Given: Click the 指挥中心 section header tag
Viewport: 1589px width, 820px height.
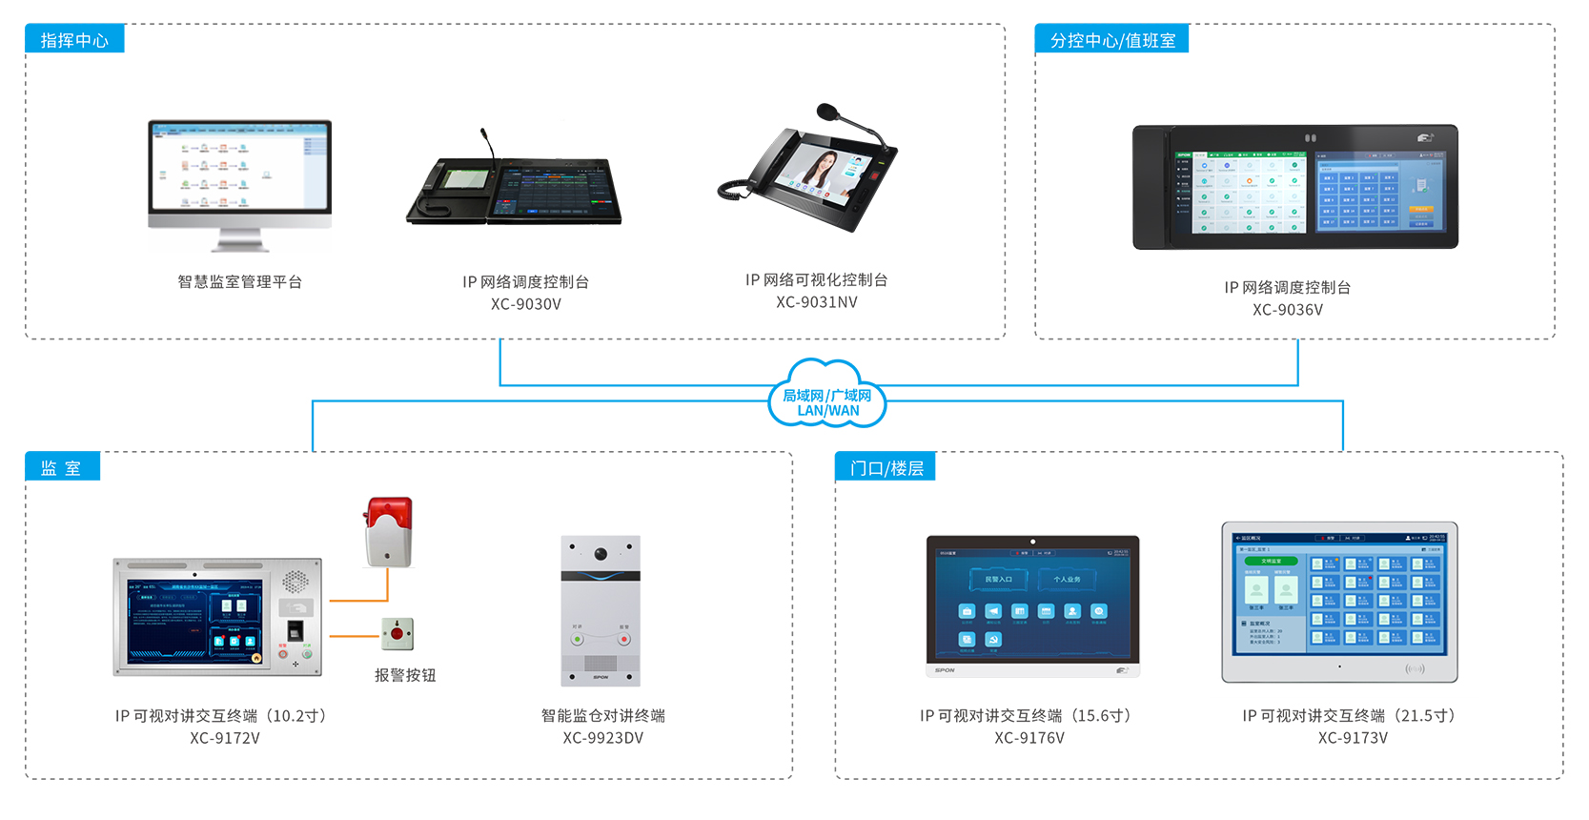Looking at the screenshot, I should [74, 40].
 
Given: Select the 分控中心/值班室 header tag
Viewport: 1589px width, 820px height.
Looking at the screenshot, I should [1111, 40].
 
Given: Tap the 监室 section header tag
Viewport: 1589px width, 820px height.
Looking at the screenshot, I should [62, 467].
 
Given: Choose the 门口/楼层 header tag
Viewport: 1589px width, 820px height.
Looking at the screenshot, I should [886, 467].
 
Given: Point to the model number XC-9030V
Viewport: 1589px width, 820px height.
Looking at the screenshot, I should [525, 304].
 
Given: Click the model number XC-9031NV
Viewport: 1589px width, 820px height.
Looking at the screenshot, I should [816, 302].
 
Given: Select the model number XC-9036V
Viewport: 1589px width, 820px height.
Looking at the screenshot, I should [1287, 310].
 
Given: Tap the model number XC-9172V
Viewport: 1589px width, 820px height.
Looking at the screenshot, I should [224, 738].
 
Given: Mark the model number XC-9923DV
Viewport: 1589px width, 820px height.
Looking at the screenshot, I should [602, 738].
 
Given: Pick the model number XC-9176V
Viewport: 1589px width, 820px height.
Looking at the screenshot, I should [1029, 738].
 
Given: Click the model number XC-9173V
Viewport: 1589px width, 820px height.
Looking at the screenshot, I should [1352, 738].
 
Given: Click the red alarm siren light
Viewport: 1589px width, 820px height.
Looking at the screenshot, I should [389, 530].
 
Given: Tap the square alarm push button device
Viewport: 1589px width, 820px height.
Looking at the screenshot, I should [397, 633].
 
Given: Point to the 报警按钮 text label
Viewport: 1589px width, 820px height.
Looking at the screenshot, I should [405, 675].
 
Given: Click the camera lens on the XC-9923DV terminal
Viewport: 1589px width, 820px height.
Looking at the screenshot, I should [601, 554].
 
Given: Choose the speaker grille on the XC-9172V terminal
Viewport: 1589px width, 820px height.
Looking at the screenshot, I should [295, 581].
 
